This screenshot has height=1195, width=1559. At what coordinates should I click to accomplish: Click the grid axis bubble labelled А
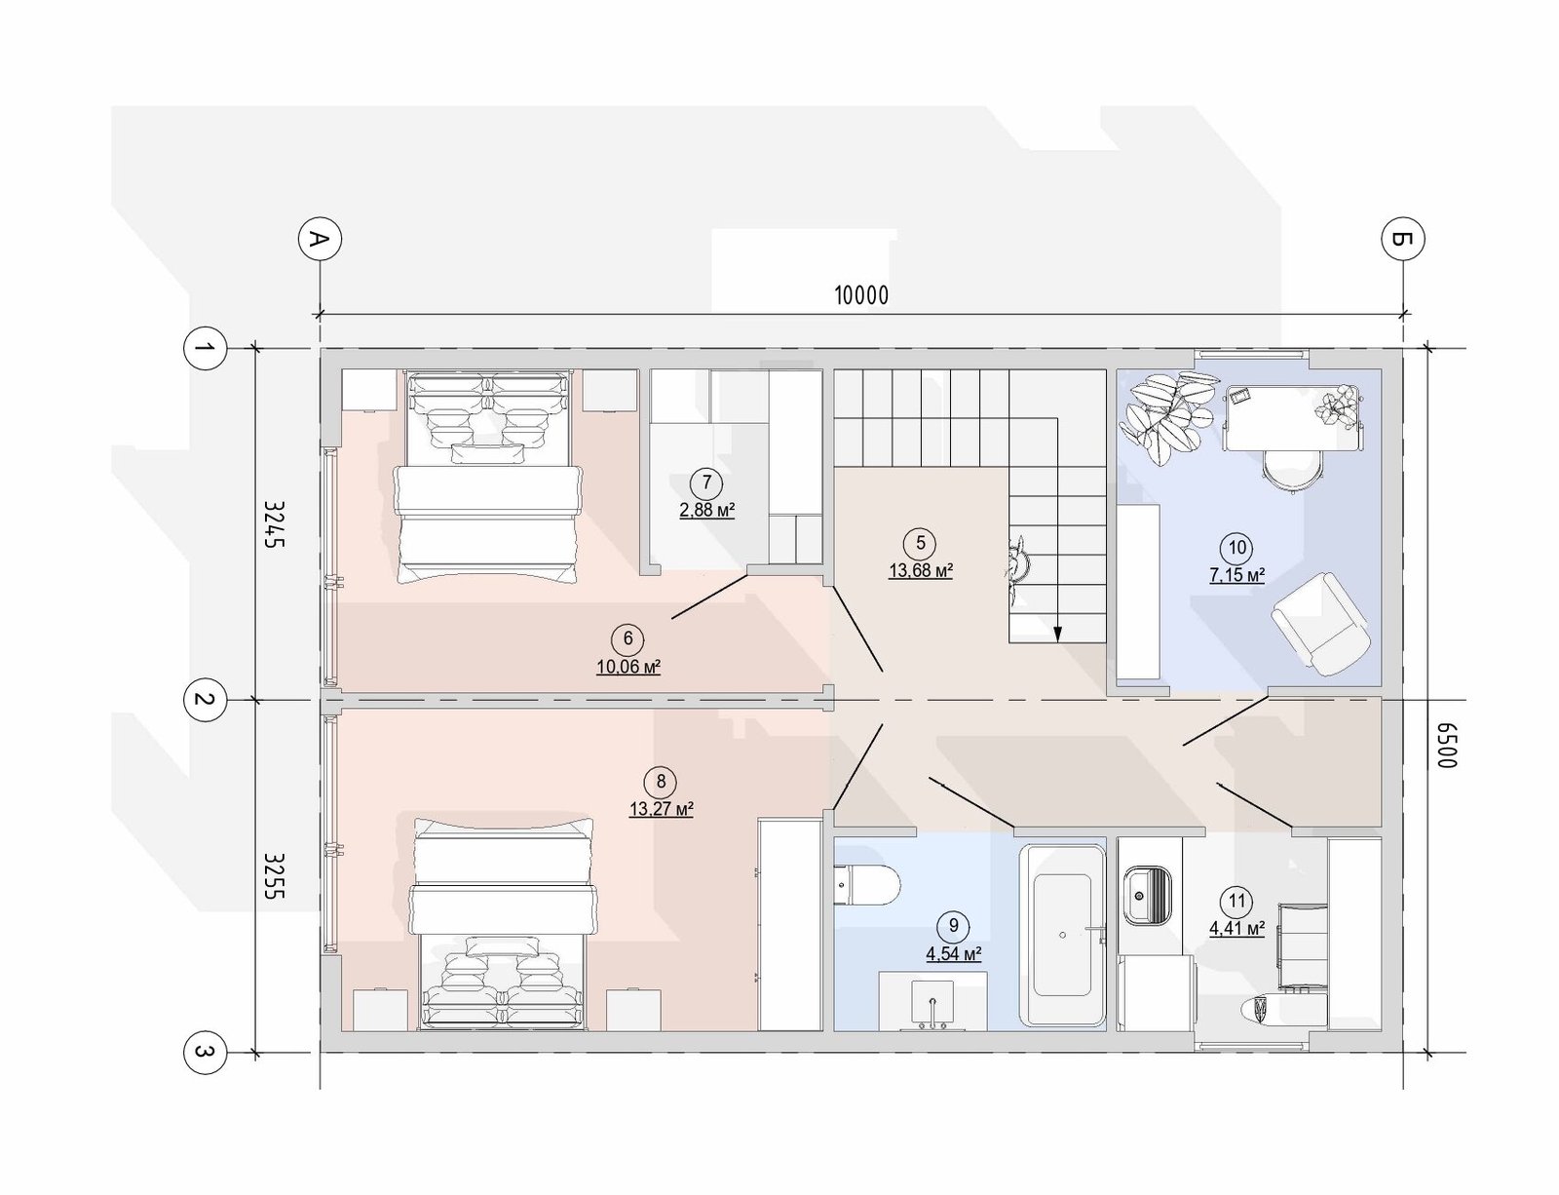320,239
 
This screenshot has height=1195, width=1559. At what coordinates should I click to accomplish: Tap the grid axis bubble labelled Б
1402,239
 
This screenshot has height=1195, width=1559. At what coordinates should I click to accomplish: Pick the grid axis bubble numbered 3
206,1053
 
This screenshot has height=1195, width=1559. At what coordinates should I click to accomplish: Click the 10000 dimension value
861,295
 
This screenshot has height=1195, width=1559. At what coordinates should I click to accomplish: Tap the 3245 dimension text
274,524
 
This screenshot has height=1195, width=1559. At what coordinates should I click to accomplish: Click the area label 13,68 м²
921,571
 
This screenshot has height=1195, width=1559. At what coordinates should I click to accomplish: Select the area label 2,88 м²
706,511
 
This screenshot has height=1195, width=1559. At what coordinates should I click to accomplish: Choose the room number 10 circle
1236,549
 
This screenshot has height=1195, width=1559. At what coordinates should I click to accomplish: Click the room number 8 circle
661,781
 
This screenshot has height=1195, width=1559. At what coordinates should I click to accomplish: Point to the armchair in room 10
1321,624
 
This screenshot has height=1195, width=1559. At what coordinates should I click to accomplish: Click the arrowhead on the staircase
1057,633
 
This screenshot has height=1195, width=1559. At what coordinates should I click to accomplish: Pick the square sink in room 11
1148,895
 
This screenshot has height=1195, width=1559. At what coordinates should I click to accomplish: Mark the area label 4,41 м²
1236,929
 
